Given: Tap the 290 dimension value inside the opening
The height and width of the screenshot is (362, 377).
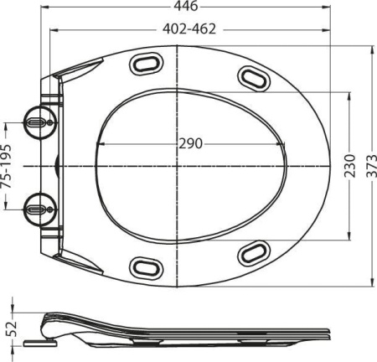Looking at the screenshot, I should [x=190, y=143].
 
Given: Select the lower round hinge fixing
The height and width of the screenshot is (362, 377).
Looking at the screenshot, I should [x=37, y=205].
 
